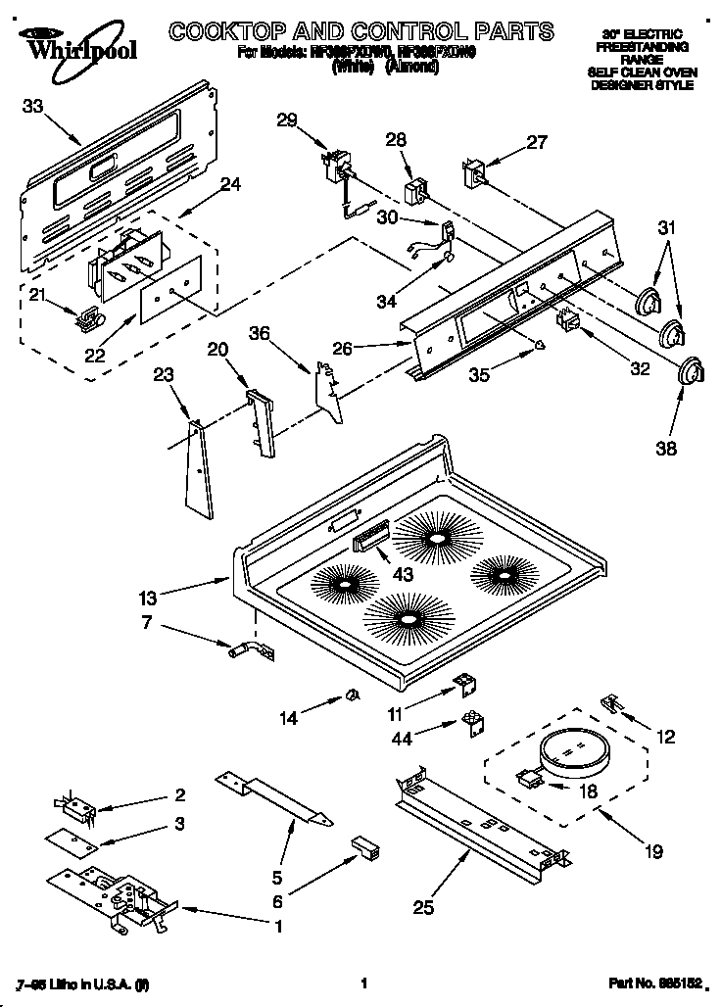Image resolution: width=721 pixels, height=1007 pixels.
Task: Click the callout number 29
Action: [287, 120]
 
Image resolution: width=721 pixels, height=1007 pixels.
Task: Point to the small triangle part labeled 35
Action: [539, 344]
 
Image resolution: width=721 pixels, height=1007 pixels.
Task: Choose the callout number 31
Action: [665, 228]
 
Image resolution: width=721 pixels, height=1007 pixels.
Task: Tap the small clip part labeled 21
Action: [89, 316]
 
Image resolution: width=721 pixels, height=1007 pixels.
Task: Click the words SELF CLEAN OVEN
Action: [641, 72]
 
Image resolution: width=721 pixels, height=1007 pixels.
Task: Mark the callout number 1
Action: [278, 926]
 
